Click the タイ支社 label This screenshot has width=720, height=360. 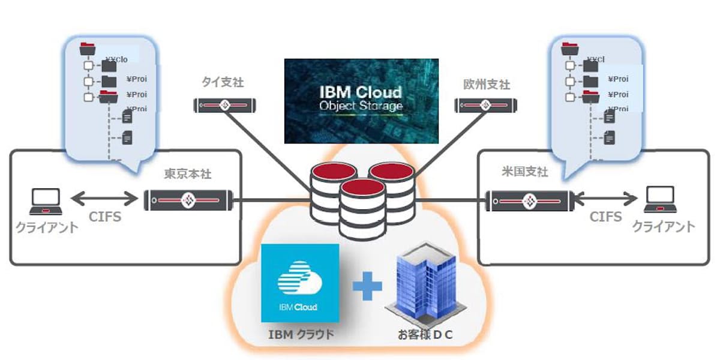[223, 83]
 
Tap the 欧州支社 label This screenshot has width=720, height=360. [487, 84]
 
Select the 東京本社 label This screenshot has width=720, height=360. [188, 175]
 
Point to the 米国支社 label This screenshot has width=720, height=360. [525, 172]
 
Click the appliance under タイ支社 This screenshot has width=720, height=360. [225, 106]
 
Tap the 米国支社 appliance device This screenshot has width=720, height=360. [529, 199]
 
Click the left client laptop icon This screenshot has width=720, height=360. [46, 202]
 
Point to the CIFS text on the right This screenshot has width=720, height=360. [605, 217]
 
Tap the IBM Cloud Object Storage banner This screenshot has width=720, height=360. [361, 100]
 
